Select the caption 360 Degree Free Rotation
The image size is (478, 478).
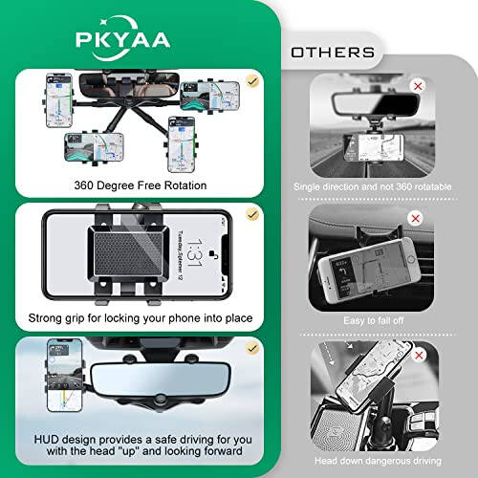[132, 185]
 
